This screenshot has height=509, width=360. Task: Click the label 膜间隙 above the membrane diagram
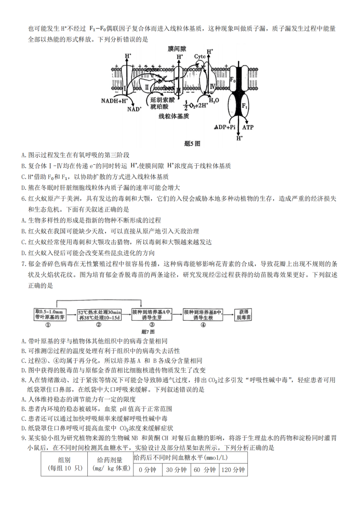[177, 49]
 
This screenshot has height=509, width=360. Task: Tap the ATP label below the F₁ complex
[248, 127]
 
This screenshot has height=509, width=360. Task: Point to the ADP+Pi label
[225, 127]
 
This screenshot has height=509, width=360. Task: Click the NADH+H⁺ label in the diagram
[114, 101]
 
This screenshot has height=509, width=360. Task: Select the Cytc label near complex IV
[200, 57]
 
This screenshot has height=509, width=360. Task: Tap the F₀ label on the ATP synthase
[233, 80]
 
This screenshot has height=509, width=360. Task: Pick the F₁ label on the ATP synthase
[245, 106]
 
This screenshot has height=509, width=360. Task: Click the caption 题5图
[192, 143]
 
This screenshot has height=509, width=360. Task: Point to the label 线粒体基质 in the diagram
[174, 116]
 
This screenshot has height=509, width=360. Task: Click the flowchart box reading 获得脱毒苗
[243, 315]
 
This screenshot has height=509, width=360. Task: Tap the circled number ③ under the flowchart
[152, 324]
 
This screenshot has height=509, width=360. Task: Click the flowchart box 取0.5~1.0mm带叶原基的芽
[50, 314]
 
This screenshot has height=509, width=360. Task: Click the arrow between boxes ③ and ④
[177, 315]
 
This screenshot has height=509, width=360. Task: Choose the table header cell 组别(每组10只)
[64, 464]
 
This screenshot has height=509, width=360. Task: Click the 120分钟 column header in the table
[233, 469]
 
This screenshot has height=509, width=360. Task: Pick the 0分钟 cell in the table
[148, 469]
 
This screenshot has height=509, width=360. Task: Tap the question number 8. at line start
[24, 380]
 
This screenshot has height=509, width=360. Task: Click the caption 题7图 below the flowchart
[148, 332]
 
